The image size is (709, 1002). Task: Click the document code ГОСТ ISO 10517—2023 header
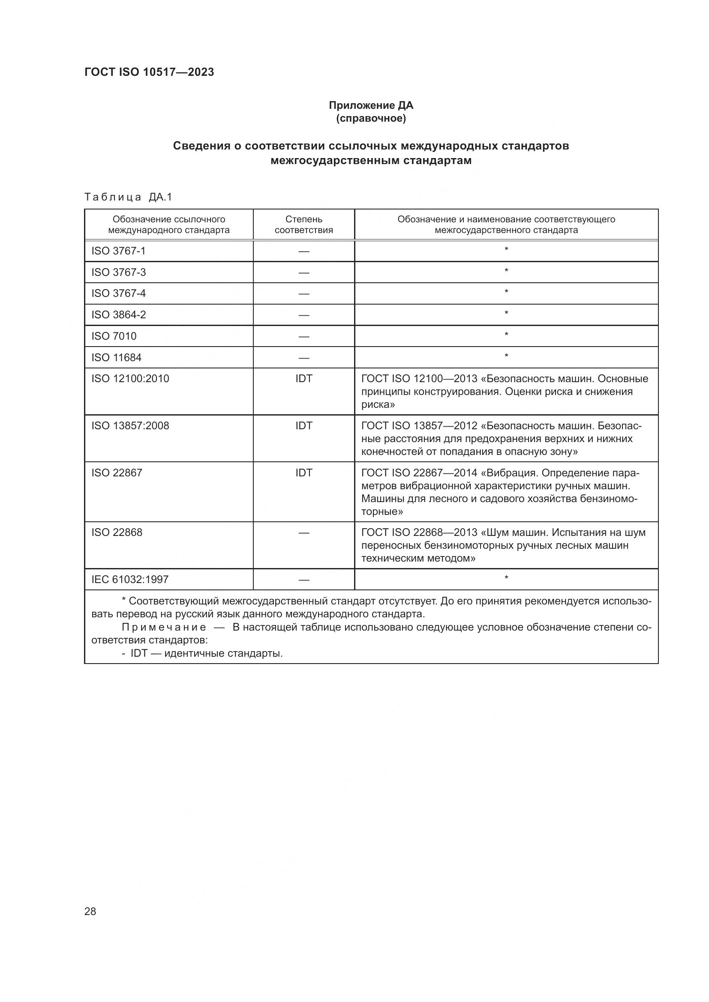[x=149, y=72]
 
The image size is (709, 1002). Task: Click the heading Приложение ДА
[x=371, y=105]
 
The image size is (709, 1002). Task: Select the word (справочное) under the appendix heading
[x=371, y=118]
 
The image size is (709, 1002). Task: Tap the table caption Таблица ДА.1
[x=128, y=197]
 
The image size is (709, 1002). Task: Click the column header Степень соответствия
[x=303, y=225]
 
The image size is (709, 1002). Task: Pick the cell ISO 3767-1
[x=118, y=251]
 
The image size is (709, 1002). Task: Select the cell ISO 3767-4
[x=118, y=293]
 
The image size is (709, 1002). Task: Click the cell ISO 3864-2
[x=118, y=315]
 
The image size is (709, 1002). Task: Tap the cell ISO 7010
[x=114, y=336]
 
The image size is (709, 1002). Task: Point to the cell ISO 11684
[x=116, y=357]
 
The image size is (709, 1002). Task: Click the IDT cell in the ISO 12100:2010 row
[x=303, y=379]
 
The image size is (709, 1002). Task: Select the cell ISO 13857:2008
[x=130, y=426]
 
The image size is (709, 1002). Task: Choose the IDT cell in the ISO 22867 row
[x=303, y=473]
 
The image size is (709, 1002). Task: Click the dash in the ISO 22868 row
[x=303, y=533]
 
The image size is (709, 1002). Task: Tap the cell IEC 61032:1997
[x=130, y=580]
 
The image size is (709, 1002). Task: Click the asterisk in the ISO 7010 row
[x=506, y=335]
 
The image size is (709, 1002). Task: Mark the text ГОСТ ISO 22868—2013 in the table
[x=419, y=532]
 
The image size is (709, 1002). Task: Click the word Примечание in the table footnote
[x=164, y=628]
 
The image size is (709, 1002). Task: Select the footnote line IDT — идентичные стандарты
[x=206, y=653]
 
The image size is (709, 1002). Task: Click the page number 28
[x=90, y=911]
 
